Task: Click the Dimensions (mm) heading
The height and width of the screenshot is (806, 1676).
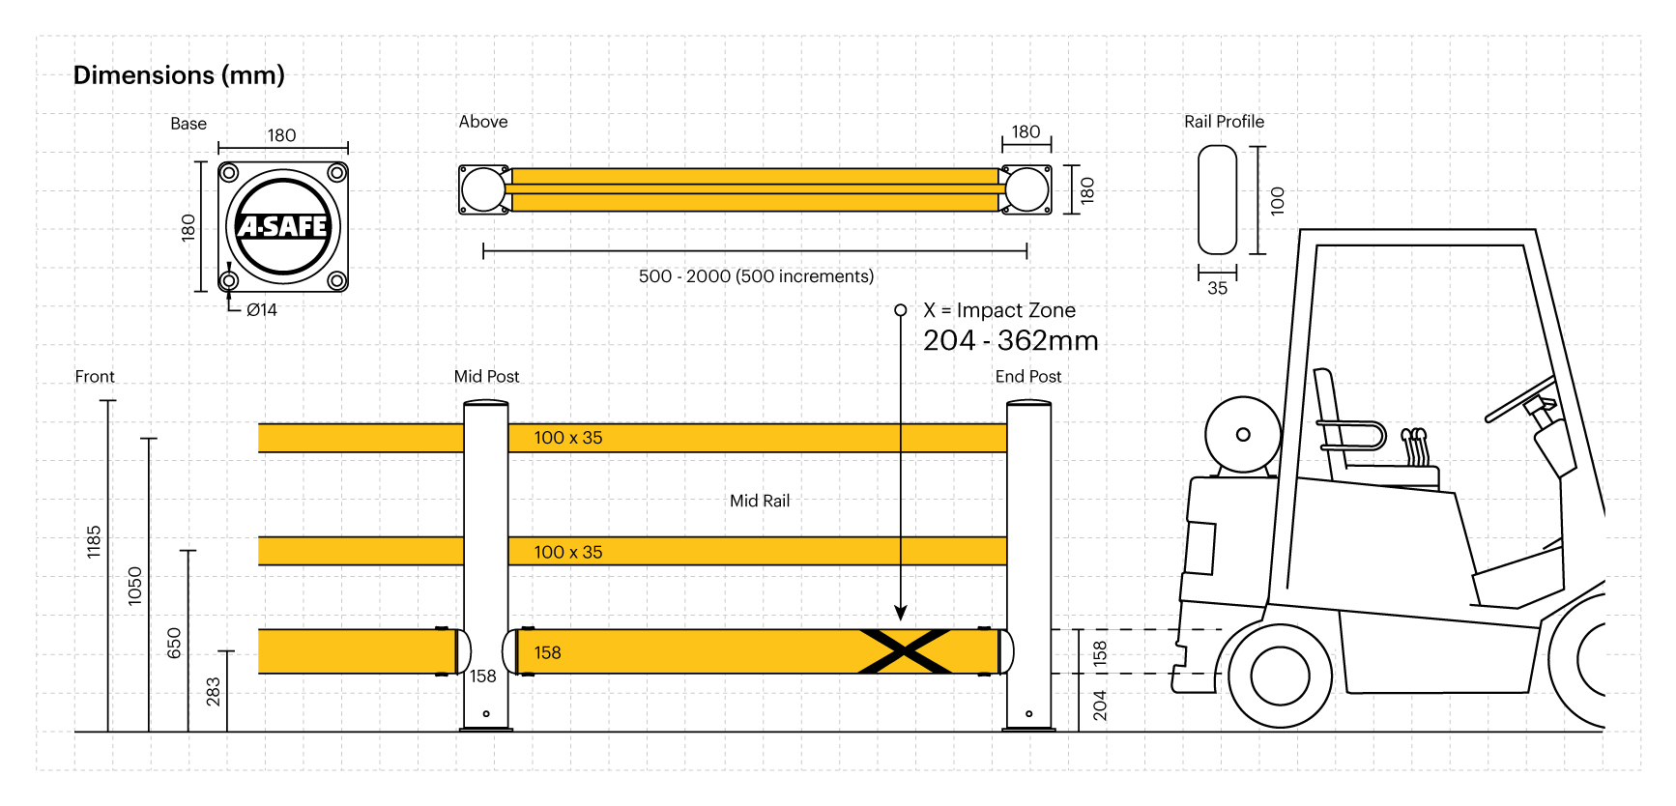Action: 179,75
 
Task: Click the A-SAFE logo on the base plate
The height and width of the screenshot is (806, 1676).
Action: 283,226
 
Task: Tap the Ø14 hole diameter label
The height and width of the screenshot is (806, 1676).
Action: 261,310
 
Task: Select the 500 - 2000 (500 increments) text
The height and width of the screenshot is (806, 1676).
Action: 756,276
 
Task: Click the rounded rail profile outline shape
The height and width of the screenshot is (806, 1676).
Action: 1217,200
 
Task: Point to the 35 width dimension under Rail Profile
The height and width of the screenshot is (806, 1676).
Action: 1217,288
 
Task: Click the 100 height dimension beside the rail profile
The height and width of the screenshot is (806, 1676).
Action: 1278,200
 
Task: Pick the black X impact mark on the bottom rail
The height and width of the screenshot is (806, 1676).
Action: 905,651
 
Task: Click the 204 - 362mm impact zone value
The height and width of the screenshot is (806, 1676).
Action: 1010,341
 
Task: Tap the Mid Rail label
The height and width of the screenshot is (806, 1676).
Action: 760,501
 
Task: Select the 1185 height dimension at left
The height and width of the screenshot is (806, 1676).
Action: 94,541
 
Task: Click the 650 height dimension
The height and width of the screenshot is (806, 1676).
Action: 174,643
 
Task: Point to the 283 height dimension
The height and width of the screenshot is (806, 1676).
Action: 214,691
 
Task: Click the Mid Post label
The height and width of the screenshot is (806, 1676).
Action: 486,377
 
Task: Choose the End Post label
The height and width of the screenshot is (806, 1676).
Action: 1027,377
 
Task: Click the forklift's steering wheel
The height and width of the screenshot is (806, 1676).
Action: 1519,398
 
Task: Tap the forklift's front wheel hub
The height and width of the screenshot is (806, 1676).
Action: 1280,676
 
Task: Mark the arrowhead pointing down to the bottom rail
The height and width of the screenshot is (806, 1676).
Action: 901,613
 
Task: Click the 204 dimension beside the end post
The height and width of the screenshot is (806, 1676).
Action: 1100,705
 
